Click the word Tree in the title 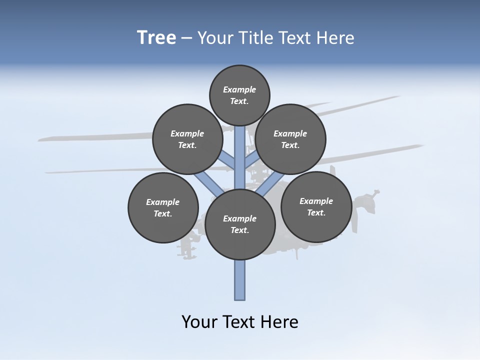pos(156,37)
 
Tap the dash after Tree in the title pos(186,38)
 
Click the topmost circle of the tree pos(239,95)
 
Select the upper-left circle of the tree pos(187,139)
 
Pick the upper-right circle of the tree pos(290,139)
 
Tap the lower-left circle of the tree pos(163,207)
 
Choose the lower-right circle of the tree pos(316,206)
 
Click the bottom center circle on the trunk pos(240,224)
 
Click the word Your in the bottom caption pos(199,321)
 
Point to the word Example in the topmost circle pos(239,89)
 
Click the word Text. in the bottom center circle pos(239,230)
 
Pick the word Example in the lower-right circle pos(316,201)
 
